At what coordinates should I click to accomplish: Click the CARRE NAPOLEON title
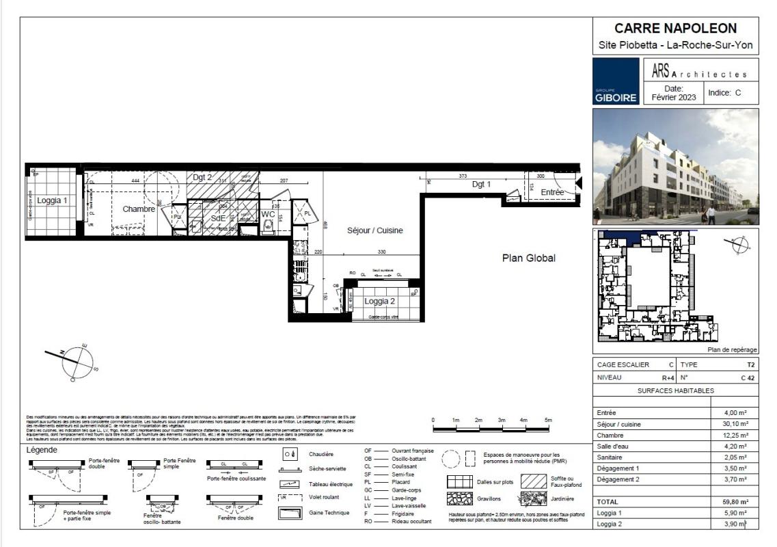click(x=675, y=29)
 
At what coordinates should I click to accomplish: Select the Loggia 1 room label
click(x=52, y=200)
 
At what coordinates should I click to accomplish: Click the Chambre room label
click(x=139, y=209)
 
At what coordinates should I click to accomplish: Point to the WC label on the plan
click(x=268, y=214)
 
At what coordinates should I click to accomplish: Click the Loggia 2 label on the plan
click(x=379, y=301)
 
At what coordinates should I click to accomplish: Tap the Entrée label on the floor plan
click(x=552, y=193)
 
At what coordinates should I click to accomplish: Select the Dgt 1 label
click(x=482, y=184)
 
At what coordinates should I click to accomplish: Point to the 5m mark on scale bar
click(x=547, y=420)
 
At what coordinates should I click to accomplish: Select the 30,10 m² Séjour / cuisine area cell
click(x=735, y=424)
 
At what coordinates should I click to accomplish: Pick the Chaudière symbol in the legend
click(x=290, y=454)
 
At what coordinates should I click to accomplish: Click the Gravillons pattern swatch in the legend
click(x=460, y=498)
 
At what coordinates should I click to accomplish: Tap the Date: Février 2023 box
click(x=673, y=92)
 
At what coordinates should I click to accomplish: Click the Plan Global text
click(x=529, y=258)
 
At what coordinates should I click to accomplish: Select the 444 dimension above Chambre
click(x=135, y=181)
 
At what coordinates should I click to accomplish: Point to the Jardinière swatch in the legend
click(x=533, y=498)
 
